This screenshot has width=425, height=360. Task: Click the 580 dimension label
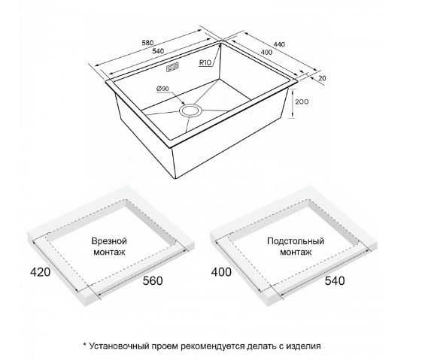[147, 43]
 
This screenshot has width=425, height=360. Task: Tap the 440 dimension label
[279, 44]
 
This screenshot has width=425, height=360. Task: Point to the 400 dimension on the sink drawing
[267, 53]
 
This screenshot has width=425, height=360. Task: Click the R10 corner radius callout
[205, 62]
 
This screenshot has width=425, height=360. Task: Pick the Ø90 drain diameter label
[162, 89]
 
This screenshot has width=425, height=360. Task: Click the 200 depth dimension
[302, 102]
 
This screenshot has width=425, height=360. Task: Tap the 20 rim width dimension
[322, 78]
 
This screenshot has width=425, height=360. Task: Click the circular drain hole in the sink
[190, 110]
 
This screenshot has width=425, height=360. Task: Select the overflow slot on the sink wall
[172, 67]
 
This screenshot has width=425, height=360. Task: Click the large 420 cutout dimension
[40, 272]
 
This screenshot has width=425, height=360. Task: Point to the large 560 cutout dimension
[153, 280]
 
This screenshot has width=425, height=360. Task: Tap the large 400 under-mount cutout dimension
[221, 272]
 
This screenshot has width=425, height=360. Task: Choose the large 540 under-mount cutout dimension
[335, 280]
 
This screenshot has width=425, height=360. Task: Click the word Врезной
[109, 241]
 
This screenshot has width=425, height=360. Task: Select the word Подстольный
[296, 241]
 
